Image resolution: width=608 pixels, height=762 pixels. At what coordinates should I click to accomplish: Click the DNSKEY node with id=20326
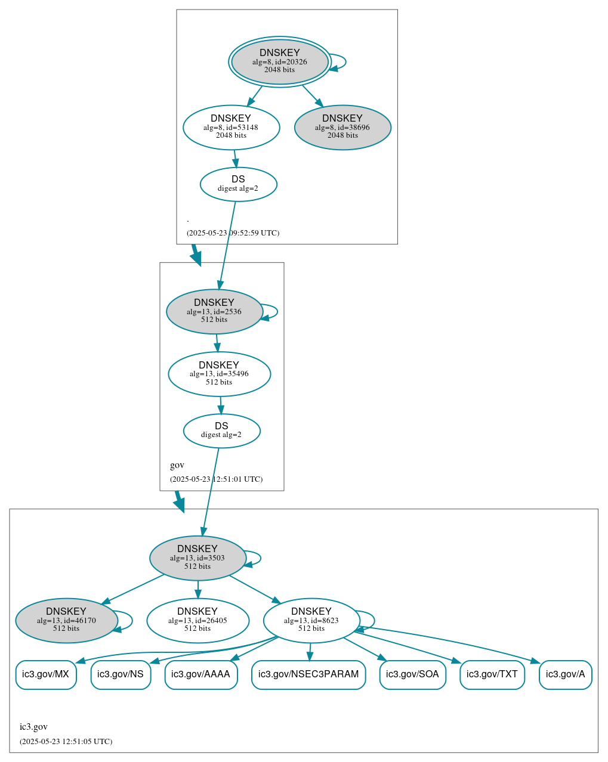click(x=280, y=61)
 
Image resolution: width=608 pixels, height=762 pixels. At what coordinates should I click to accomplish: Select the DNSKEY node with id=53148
click(x=231, y=127)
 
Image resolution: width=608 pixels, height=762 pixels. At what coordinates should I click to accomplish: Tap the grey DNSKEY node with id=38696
click(x=342, y=127)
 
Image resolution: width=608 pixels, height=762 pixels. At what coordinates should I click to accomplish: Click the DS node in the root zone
click(x=238, y=184)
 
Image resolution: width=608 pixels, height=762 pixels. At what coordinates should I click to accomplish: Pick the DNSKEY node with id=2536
click(x=214, y=311)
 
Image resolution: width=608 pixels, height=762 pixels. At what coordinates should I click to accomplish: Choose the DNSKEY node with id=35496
click(x=219, y=374)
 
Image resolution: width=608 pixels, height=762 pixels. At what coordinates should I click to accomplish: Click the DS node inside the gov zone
click(x=221, y=430)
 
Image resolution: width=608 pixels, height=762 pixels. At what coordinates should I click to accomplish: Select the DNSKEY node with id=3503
click(x=197, y=558)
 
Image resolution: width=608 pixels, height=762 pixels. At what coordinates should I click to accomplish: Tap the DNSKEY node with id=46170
click(x=66, y=621)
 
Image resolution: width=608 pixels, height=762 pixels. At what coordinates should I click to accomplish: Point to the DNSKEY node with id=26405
click(x=197, y=621)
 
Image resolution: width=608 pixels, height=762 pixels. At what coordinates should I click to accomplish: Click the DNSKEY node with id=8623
click(x=311, y=621)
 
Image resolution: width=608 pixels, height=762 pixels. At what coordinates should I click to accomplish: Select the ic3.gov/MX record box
click(x=46, y=674)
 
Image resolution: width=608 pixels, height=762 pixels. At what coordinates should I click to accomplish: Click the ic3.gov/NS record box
click(x=121, y=674)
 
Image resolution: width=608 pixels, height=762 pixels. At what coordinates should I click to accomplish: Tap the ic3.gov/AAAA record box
click(x=201, y=674)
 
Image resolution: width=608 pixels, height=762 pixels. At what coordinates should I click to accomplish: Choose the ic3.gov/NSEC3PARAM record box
click(x=308, y=674)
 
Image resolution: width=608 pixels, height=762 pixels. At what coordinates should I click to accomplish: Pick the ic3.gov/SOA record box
click(x=412, y=674)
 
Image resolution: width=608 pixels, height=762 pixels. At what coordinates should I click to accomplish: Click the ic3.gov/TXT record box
click(x=492, y=674)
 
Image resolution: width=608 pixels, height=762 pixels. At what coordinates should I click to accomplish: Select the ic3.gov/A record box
click(x=565, y=674)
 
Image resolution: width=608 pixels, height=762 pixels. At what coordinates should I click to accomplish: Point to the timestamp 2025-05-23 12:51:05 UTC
click(x=66, y=742)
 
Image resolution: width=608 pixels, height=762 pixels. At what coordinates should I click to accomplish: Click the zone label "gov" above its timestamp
click(x=177, y=465)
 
